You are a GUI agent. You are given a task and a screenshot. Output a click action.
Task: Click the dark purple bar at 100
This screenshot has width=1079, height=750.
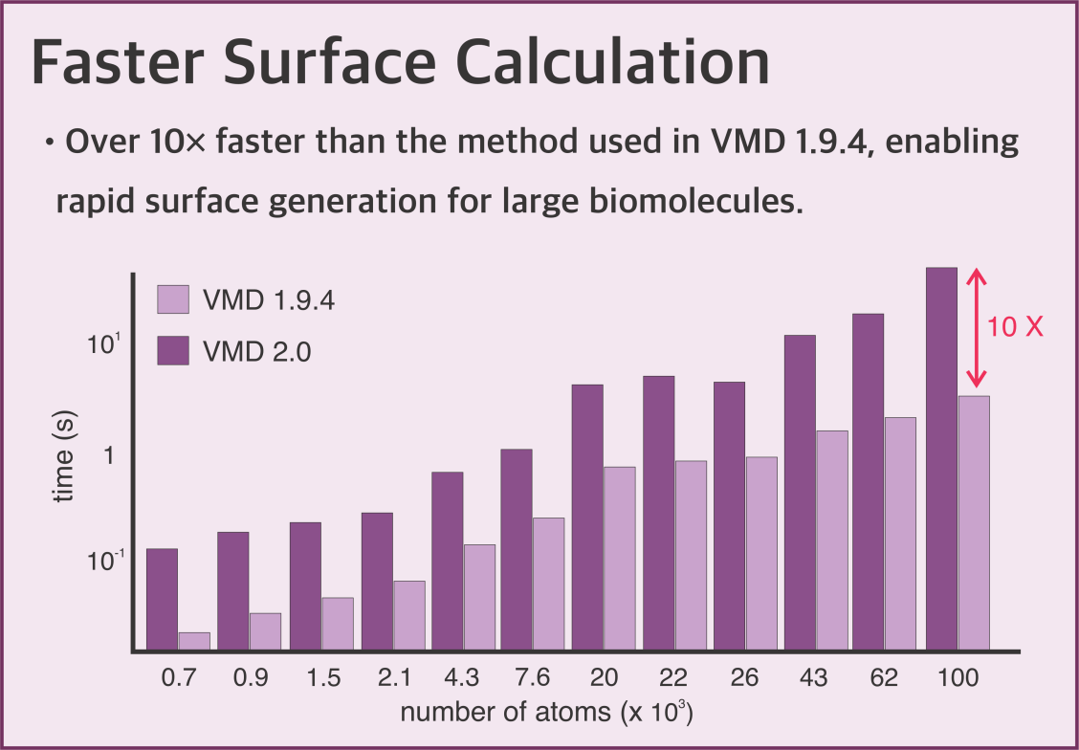942,459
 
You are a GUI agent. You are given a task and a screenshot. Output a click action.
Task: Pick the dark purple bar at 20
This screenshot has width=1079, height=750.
587,517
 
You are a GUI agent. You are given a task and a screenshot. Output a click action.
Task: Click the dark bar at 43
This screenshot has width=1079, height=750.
800,493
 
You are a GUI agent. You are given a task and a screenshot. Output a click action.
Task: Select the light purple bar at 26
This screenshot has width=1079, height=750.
761,554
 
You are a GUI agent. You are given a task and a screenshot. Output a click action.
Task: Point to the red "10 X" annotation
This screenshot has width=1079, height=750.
1015,327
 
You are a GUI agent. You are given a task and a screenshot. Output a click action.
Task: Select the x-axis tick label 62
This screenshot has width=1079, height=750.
884,678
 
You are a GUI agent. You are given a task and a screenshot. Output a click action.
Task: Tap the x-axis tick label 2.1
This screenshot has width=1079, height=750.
392,678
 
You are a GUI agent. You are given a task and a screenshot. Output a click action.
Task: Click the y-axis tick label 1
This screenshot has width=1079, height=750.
108,455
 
